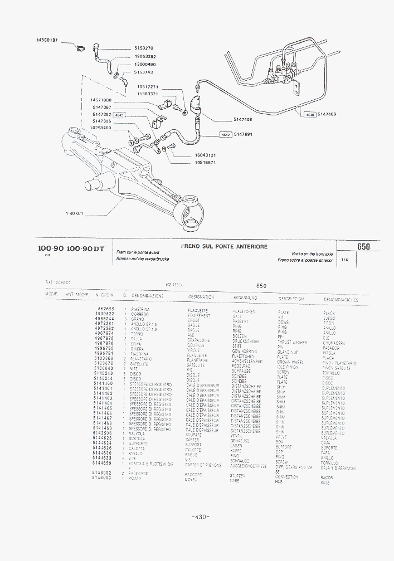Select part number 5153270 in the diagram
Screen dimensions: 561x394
click(143, 48)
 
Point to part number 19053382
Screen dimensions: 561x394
click(144, 56)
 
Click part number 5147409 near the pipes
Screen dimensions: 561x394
click(327, 114)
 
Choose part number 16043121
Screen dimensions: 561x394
click(205, 155)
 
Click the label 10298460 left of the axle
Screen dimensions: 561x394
click(100, 128)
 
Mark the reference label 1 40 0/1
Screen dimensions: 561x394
click(74, 213)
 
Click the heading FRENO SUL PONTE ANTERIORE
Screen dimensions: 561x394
click(224, 246)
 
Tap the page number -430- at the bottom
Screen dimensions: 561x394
click(200, 517)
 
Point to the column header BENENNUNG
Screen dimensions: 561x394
click(245, 297)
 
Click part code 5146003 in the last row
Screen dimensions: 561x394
click(102, 478)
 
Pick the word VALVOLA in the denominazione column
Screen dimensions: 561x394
click(137, 433)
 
